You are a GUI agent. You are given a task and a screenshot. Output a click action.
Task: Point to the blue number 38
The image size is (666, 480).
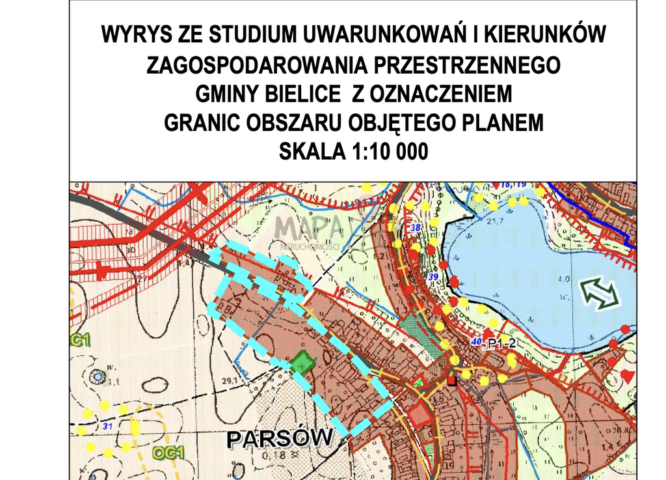click(x=416, y=227)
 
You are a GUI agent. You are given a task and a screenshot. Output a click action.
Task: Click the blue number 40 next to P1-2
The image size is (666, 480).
click(x=477, y=342)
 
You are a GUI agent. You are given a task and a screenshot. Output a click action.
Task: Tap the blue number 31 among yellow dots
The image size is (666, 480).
click(x=108, y=426)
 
